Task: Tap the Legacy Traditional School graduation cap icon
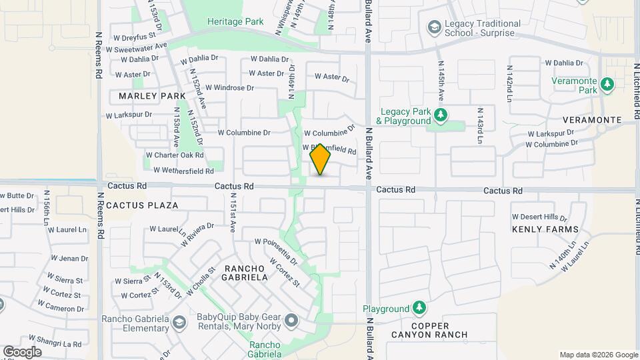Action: pyautogui.click(x=434, y=27)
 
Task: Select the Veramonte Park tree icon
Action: pyautogui.click(x=607, y=85)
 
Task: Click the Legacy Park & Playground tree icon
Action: pyautogui.click(x=440, y=116)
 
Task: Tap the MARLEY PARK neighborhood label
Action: pyautogui.click(x=152, y=96)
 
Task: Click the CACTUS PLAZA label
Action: pyautogui.click(x=142, y=205)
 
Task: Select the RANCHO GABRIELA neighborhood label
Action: pyautogui.click(x=246, y=272)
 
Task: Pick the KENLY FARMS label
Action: pyautogui.click(x=545, y=229)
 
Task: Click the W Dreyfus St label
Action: pyautogui.click(x=139, y=35)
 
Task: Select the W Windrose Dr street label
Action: pyautogui.click(x=229, y=87)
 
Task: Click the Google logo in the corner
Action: pyautogui.click(x=22, y=351)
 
